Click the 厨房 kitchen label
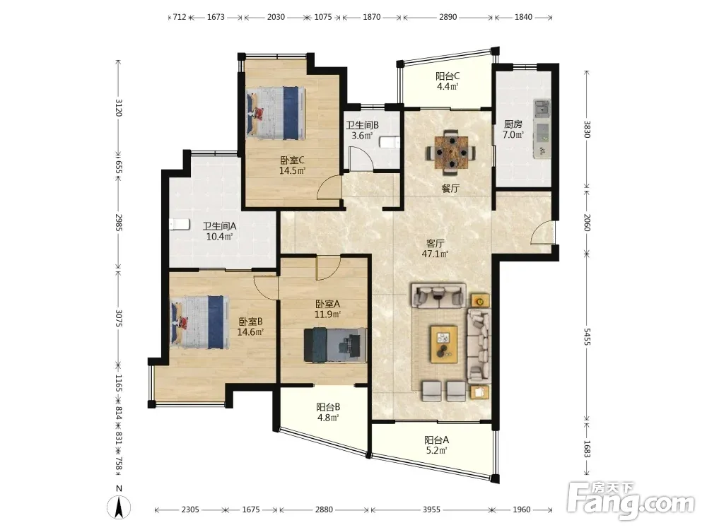tap(513, 124)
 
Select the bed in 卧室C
tap(276, 113)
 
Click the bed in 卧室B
tap(198, 322)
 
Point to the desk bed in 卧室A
tap(335, 345)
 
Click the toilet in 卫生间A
tap(180, 224)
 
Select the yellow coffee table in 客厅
tap(444, 344)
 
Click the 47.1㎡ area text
tap(435, 254)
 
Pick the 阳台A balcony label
tap(436, 440)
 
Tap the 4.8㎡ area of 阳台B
tap(328, 418)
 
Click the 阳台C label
tap(448, 76)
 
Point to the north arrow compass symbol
tap(119, 507)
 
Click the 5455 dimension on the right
tap(587, 336)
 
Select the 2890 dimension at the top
tap(448, 17)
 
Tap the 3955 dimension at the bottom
tap(431, 510)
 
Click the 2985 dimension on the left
tap(119, 222)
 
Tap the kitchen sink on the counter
tap(542, 108)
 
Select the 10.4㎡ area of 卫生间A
tap(219, 237)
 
